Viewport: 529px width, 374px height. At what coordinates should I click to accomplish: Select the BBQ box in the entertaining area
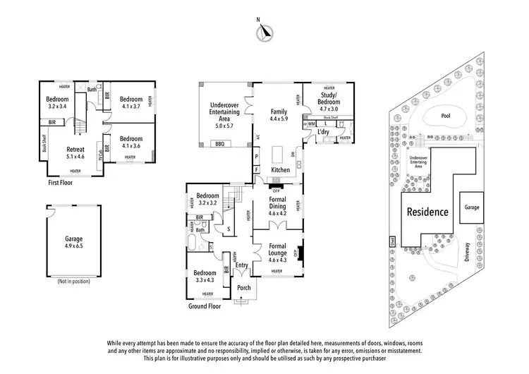[x=219, y=144]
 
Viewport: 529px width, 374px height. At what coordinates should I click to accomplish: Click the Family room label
[x=278, y=111]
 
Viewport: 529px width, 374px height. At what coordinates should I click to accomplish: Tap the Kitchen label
[x=280, y=170]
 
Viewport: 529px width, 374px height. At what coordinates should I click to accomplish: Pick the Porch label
[x=244, y=287]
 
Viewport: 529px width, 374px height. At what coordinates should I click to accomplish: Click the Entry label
[x=242, y=265]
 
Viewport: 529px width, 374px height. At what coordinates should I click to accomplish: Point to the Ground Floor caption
[x=205, y=306]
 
